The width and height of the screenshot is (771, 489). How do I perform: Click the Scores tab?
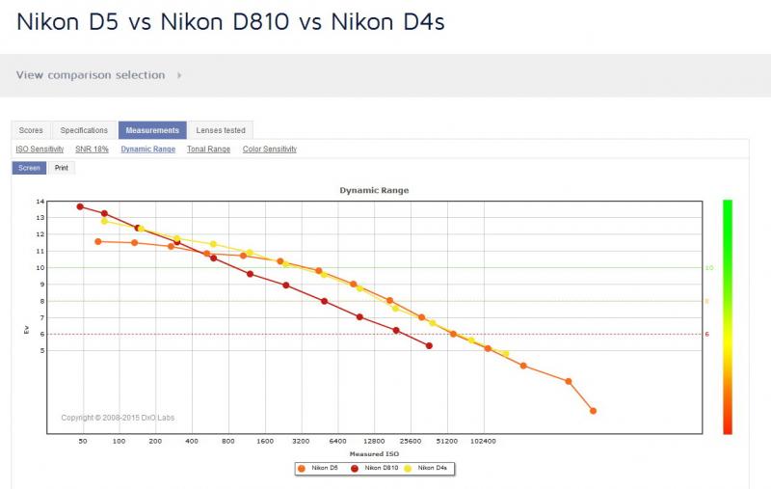31,130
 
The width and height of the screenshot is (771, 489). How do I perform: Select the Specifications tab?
84,130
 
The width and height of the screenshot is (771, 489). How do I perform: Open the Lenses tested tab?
221,130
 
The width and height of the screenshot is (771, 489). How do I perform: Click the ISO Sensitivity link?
40,149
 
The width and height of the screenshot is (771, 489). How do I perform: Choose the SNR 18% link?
92,149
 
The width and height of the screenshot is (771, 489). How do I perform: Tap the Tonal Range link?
208,149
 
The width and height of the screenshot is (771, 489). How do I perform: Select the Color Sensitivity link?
270,149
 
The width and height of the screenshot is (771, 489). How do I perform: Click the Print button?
62,168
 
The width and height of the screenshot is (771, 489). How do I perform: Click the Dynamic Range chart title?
374,190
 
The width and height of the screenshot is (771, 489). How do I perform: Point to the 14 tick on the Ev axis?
40,202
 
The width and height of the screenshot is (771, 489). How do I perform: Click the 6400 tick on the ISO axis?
338,442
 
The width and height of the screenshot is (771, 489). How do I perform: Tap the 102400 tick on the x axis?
484,442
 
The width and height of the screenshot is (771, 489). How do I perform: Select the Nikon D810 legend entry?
375,468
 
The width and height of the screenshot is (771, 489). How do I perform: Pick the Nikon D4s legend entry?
426,468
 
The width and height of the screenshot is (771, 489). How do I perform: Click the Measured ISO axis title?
374,454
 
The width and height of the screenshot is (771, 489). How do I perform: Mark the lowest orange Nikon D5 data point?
593,411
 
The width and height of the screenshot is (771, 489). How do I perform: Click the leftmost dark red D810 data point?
80,206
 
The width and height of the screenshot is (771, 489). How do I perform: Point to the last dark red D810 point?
429,346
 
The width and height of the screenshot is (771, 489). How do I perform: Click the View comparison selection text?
91,75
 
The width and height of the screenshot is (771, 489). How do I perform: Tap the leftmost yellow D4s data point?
104,222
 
